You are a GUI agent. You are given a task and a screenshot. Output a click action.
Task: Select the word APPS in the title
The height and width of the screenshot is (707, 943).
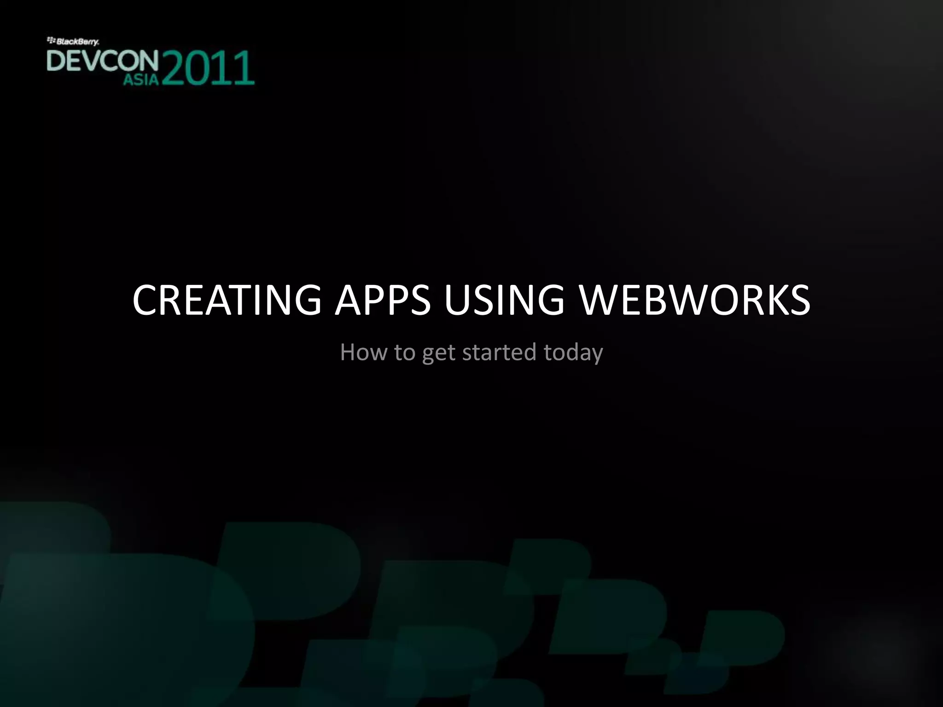[383, 300]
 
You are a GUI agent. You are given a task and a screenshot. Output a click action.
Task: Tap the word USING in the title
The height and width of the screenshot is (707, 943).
[504, 300]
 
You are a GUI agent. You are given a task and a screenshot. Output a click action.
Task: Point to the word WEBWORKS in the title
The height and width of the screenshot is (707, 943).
[694, 300]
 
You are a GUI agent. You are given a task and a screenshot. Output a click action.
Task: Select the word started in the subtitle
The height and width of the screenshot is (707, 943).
[499, 352]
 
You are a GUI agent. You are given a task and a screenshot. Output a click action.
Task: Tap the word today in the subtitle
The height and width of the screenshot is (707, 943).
[573, 353]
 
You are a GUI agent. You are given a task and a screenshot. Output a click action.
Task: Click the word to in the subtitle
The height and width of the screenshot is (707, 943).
[405, 352]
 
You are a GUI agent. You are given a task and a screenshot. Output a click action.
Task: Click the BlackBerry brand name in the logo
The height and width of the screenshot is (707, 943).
[78, 42]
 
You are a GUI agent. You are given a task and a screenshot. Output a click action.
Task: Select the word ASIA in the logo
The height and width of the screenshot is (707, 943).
[141, 80]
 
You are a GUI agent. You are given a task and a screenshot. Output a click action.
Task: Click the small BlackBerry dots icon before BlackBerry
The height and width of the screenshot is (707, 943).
[51, 41]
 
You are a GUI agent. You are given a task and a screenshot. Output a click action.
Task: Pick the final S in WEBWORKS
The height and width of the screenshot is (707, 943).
[798, 300]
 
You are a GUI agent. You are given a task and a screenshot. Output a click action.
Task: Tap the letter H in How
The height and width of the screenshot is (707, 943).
[348, 352]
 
